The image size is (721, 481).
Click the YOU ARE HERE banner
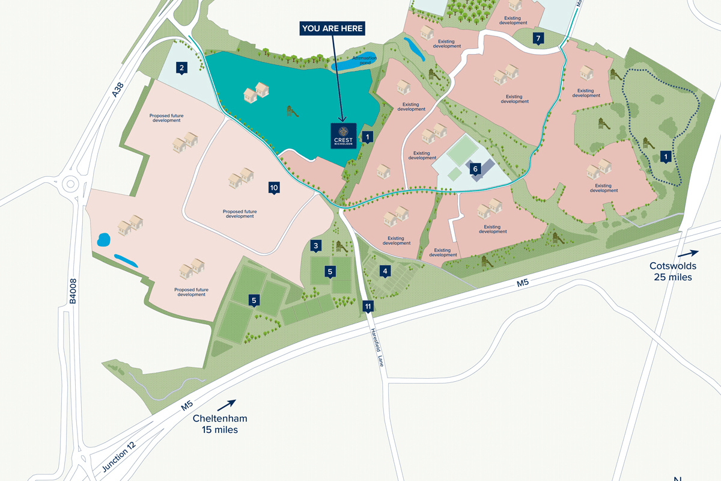[x=333, y=28]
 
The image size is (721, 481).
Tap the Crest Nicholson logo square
[x=344, y=135]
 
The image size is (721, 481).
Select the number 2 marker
[x=181, y=68]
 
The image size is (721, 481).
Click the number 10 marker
[x=274, y=188]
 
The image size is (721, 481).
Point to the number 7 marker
[x=538, y=39]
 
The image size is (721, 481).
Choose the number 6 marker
[x=475, y=169]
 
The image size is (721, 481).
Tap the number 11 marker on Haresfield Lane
[x=368, y=306]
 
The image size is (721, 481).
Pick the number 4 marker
[x=385, y=271]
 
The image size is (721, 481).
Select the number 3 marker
[x=315, y=245]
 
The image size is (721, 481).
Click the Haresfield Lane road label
[x=377, y=349]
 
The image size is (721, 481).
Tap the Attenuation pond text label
[x=364, y=60]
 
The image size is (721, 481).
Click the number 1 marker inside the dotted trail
[x=665, y=156]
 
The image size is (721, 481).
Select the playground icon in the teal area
[x=291, y=111]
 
